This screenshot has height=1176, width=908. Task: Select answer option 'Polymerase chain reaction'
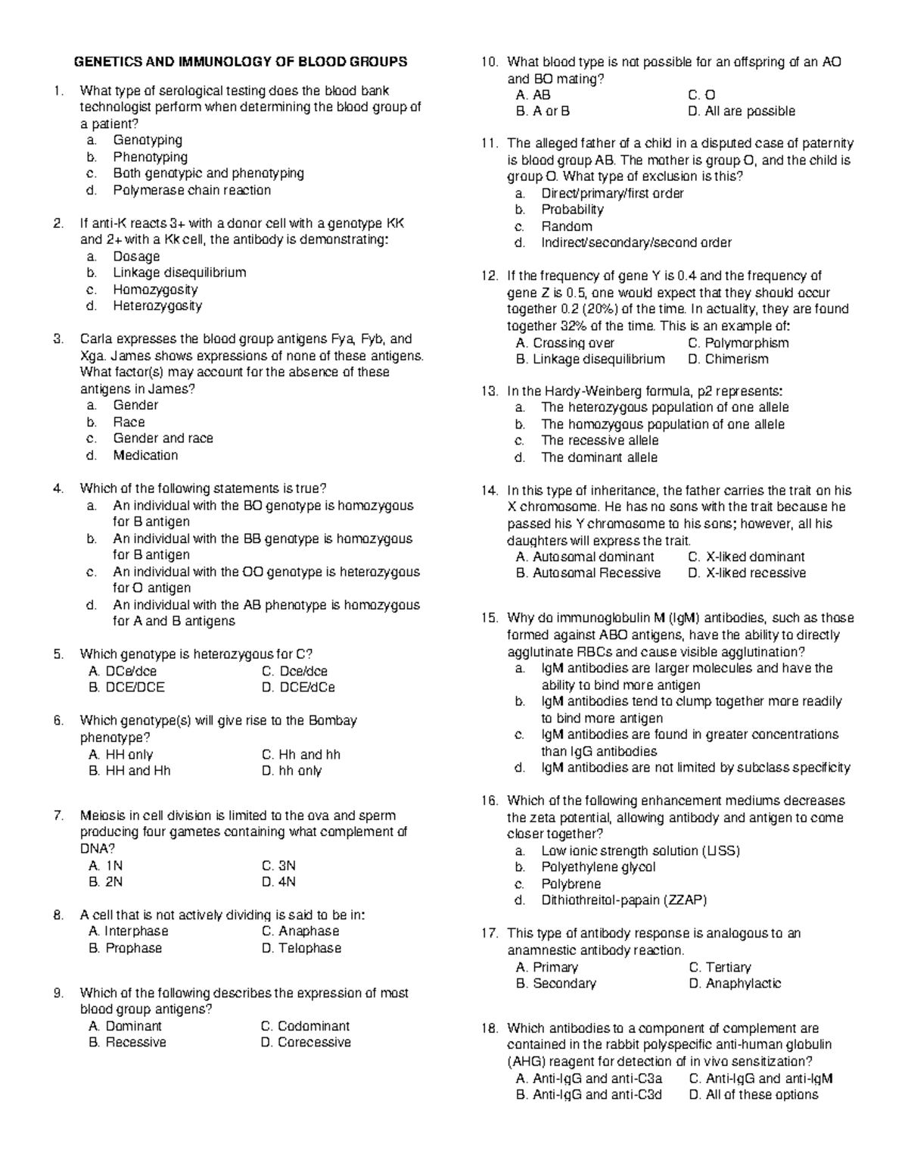(191, 190)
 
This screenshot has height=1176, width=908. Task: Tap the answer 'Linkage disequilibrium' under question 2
(179, 273)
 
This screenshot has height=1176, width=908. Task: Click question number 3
(58, 339)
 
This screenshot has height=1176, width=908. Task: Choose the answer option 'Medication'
(145, 455)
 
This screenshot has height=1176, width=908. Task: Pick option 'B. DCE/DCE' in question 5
(126, 688)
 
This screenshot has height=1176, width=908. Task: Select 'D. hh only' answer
(291, 771)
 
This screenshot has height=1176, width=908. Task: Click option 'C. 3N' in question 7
(278, 866)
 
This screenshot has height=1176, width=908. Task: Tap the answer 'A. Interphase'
(129, 931)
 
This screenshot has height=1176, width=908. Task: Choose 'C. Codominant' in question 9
(305, 1026)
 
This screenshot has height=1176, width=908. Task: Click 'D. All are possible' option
(742, 111)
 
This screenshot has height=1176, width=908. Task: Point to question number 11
(489, 144)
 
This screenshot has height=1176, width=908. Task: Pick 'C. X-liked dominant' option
(746, 557)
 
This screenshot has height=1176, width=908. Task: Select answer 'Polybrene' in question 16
(571, 884)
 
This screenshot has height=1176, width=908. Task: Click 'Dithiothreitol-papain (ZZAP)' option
(623, 900)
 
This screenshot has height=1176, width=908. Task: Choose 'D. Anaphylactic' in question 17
(735, 984)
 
